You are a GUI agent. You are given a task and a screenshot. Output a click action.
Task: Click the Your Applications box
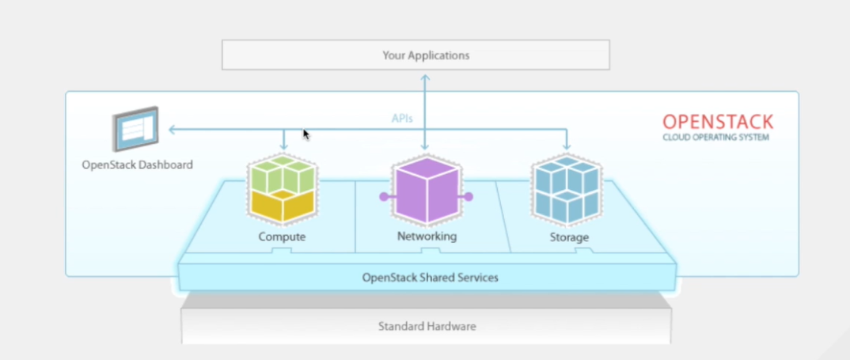coord(416,55)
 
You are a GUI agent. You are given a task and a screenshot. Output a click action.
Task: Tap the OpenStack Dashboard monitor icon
coord(135,130)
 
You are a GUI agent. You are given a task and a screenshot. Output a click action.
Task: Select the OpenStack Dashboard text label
coord(137,165)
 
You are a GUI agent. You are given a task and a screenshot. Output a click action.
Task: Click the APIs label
coord(402,118)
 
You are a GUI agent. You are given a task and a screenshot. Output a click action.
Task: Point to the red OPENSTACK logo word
coord(717,122)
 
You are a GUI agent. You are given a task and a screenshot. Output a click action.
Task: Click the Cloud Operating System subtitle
coord(715,138)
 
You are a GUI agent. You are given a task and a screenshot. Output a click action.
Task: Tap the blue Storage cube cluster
coord(566,188)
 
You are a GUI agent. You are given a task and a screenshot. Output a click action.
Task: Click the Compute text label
coord(282,237)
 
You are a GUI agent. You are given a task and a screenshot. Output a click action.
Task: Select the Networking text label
coord(427,237)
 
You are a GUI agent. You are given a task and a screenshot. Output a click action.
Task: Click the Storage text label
coord(568,237)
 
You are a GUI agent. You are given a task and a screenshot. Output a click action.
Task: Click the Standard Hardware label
coord(427,326)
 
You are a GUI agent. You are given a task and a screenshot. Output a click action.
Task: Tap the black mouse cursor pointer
coord(306,135)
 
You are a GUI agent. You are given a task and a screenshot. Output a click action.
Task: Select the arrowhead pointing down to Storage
coord(567,146)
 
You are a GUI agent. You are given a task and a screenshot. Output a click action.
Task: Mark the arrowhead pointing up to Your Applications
coord(425,77)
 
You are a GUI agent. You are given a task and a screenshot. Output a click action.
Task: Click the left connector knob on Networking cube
coord(383,196)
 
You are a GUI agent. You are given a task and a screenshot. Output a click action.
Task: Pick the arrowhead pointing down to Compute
coord(283,146)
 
